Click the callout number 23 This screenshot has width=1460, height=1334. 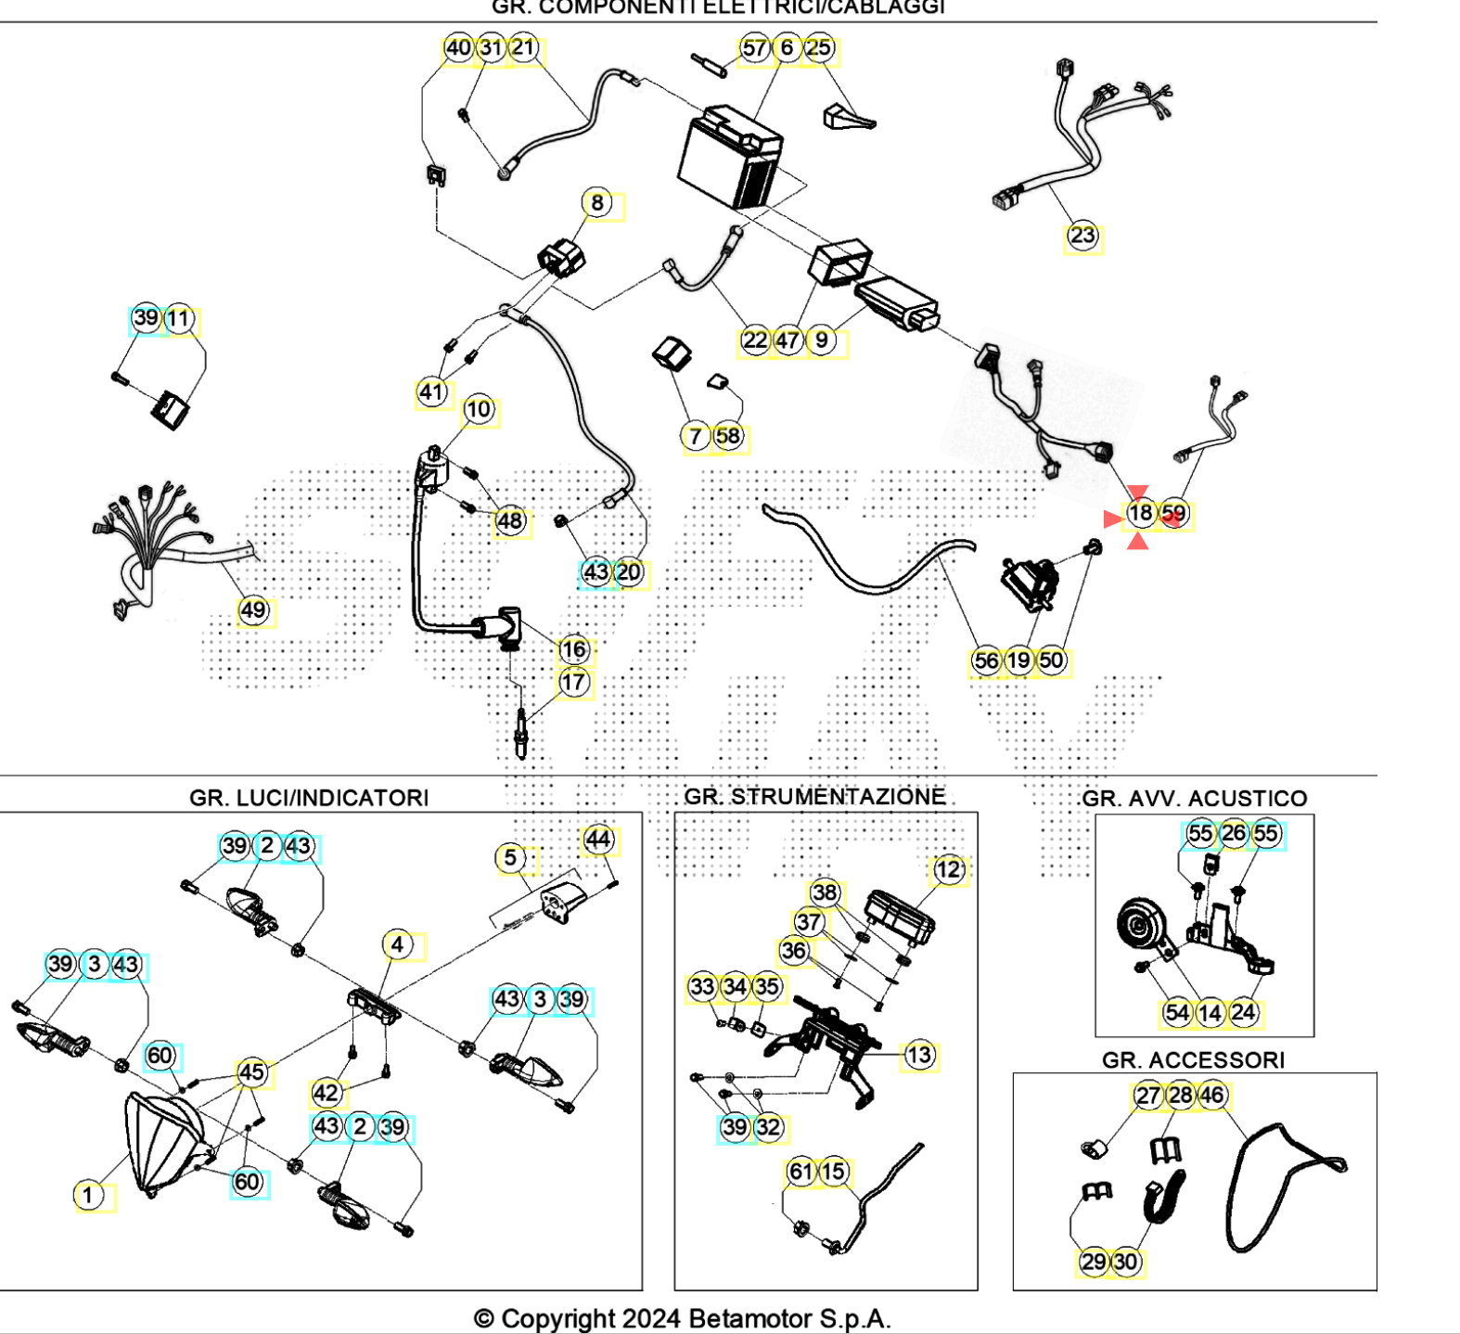pyautogui.click(x=1082, y=236)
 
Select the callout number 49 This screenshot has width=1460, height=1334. pyautogui.click(x=253, y=610)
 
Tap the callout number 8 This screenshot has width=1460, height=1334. pyautogui.click(x=597, y=203)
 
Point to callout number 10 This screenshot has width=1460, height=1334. pyautogui.click(x=479, y=410)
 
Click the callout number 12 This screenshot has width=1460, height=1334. pyautogui.click(x=948, y=870)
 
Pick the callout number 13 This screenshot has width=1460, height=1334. pyautogui.click(x=918, y=1056)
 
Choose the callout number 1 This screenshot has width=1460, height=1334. pyautogui.click(x=88, y=1195)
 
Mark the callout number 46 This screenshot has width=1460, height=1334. pyautogui.click(x=1212, y=1096)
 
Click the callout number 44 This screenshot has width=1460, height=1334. pyautogui.click(x=598, y=840)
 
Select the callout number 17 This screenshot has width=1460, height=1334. pyautogui.click(x=574, y=683)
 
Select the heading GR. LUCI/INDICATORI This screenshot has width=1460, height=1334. pyautogui.click(x=309, y=798)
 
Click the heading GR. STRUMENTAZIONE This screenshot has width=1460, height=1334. pyautogui.click(x=814, y=797)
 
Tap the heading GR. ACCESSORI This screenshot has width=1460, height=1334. pyautogui.click(x=1193, y=1060)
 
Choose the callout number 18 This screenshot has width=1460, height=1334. pyautogui.click(x=1140, y=513)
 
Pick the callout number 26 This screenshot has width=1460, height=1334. pyautogui.click(x=1234, y=834)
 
